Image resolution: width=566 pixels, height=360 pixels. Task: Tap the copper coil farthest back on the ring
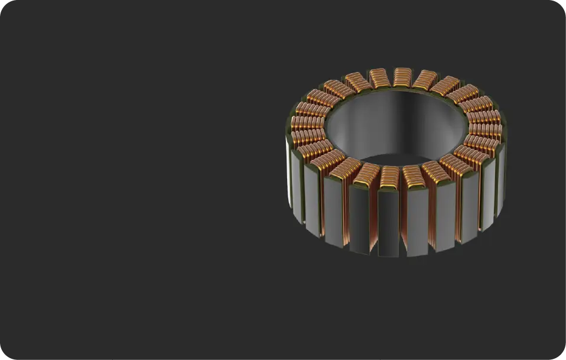click(x=403, y=76)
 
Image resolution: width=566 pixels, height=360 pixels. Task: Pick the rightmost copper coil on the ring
click(x=486, y=131)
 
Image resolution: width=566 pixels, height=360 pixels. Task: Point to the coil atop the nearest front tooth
click(x=389, y=176)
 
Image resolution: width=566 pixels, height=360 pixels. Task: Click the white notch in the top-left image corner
click(x=2, y=2)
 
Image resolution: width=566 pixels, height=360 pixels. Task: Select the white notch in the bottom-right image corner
click(x=564, y=358)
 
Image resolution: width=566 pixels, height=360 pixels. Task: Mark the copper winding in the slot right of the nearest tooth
click(x=404, y=219)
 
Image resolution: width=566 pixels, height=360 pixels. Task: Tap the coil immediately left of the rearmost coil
click(x=379, y=78)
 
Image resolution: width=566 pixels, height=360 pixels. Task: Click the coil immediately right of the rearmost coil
click(x=425, y=79)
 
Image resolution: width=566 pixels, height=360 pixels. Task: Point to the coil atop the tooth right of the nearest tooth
click(x=414, y=176)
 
